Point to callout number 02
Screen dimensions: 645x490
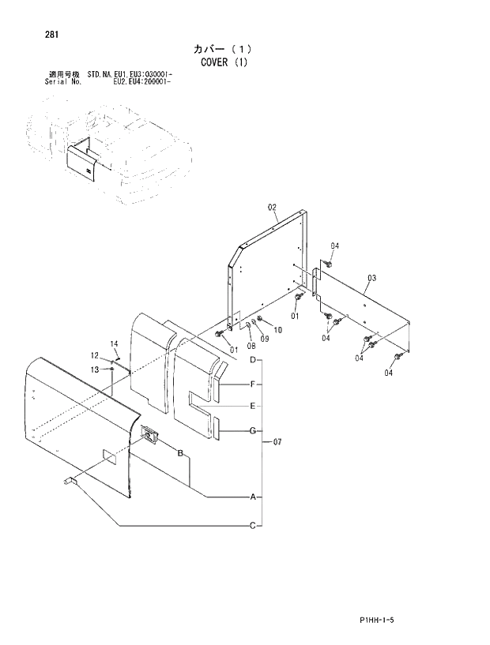(272, 208)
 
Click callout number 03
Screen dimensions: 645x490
(371, 277)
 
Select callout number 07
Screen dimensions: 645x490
(277, 441)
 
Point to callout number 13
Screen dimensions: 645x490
(94, 369)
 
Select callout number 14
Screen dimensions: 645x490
(114, 343)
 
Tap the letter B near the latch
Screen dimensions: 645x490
(180, 452)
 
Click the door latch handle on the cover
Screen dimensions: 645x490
(149, 433)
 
